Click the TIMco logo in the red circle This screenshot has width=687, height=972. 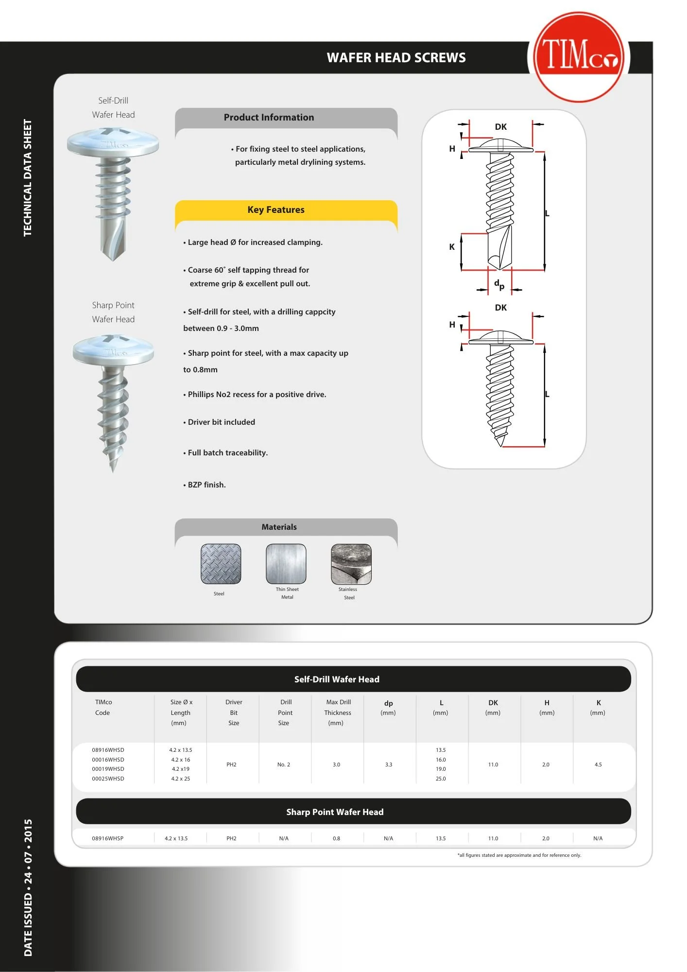click(578, 57)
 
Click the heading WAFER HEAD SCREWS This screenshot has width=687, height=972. click(396, 58)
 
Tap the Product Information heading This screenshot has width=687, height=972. click(269, 118)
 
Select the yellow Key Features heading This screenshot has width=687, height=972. click(275, 210)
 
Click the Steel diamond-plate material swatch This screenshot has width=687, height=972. click(221, 564)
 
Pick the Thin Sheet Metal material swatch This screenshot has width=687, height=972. click(286, 564)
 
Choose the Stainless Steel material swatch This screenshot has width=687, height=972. click(351, 564)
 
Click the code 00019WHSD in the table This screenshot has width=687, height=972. click(108, 769)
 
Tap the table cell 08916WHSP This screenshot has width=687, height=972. click(107, 838)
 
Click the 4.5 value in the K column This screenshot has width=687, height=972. click(598, 764)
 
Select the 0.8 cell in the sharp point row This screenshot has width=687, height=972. click(336, 838)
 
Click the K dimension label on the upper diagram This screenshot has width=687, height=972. click(452, 247)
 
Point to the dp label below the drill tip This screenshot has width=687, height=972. click(499, 284)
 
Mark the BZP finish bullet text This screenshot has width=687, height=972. click(206, 485)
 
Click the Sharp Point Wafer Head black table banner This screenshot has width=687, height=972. click(335, 812)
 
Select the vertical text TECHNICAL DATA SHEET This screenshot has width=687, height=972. click(28, 178)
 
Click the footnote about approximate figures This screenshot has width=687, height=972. click(519, 855)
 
